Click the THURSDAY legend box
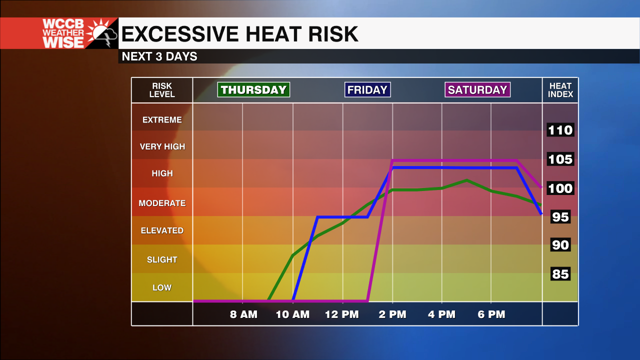tap(253, 90)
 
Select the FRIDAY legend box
tap(367, 90)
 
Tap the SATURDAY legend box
tap(477, 90)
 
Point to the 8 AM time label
tap(243, 314)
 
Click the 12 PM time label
tap(342, 314)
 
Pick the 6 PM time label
tap(491, 314)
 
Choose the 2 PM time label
tap(392, 314)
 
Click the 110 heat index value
tap(560, 130)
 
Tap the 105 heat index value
tap(560, 159)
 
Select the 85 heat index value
tap(560, 274)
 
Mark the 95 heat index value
tap(560, 217)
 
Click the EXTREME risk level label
tap(162, 120)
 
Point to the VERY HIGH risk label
tap(162, 146)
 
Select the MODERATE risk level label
tap(162, 203)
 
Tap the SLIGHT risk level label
tap(162, 259)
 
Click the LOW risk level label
tap(162, 287)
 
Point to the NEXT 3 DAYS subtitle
tap(159, 56)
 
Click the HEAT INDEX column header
tap(560, 90)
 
